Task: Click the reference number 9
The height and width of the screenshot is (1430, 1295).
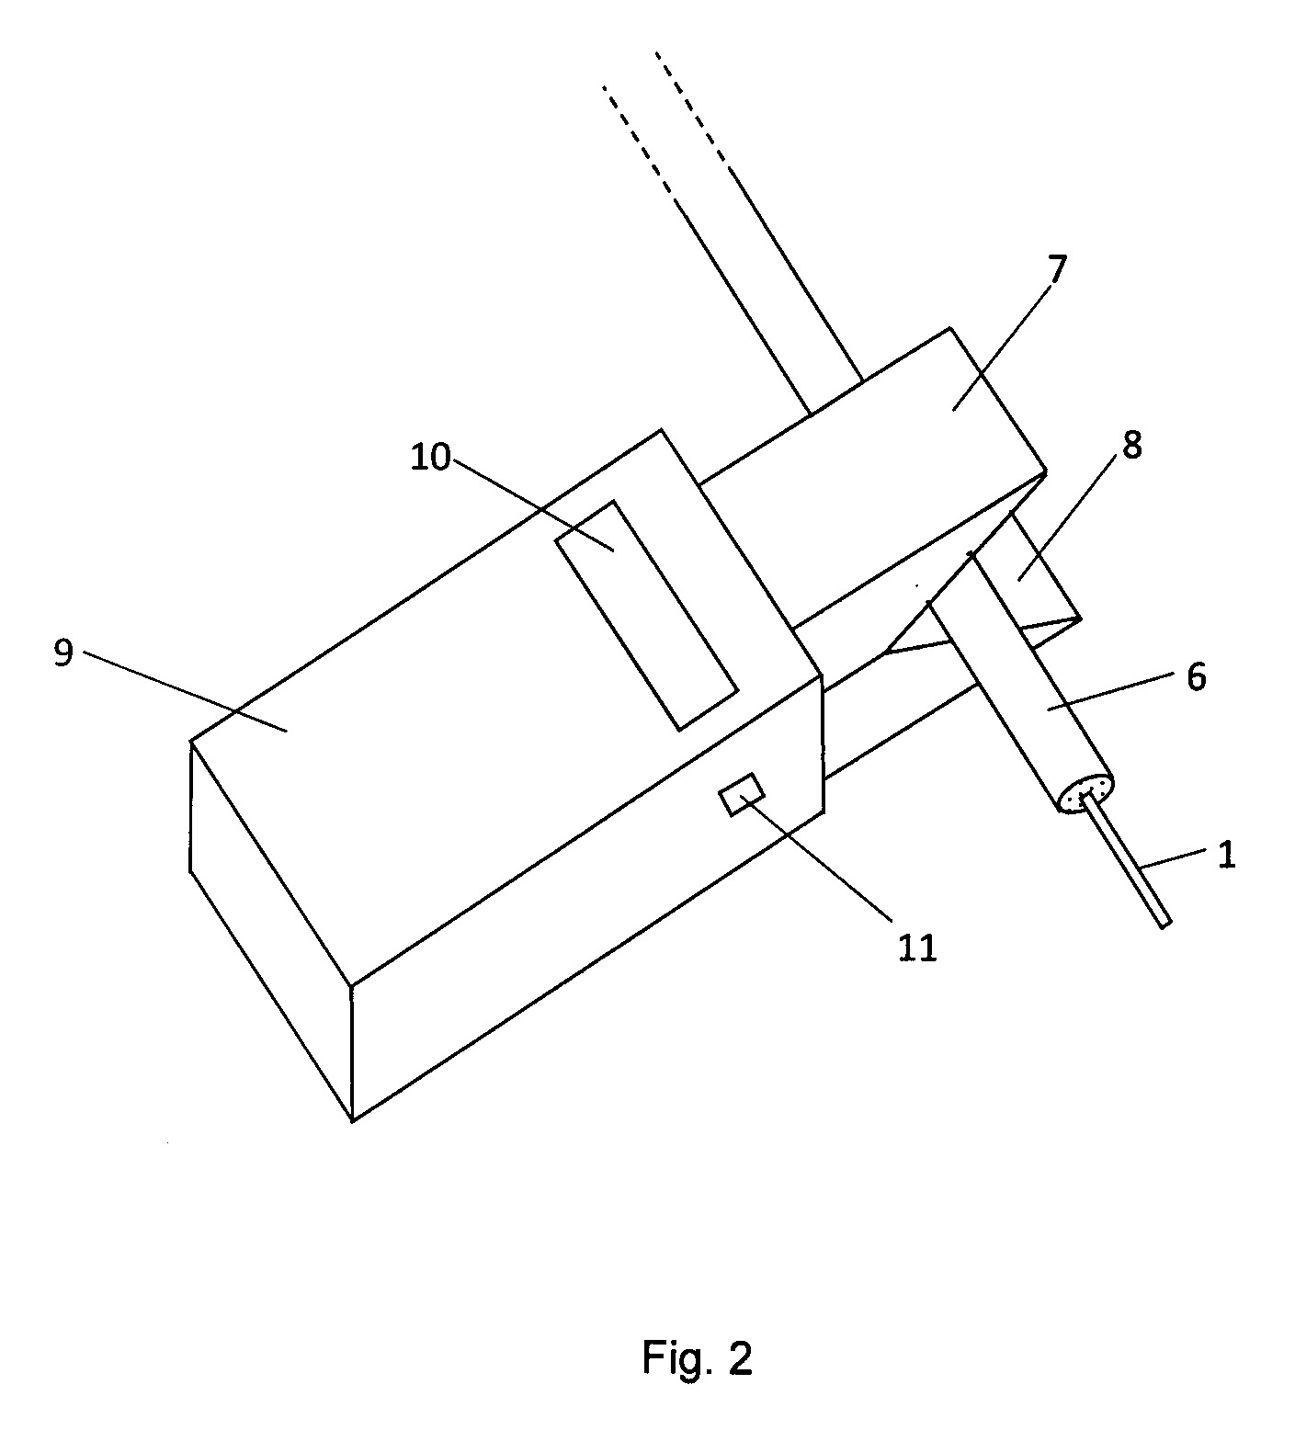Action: click(x=62, y=655)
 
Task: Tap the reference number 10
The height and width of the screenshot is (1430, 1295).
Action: click(x=430, y=456)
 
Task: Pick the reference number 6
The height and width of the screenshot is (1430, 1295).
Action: click(x=1196, y=676)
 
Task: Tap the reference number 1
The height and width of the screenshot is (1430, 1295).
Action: click(x=1226, y=855)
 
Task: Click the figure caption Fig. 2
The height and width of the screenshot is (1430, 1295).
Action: click(x=698, y=1357)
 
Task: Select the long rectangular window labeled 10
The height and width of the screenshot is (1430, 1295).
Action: click(x=646, y=615)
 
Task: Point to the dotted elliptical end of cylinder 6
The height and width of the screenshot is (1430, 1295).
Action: click(x=1086, y=792)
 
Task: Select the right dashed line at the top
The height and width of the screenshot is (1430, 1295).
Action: click(x=693, y=112)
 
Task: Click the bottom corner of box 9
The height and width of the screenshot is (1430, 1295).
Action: click(x=352, y=1120)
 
